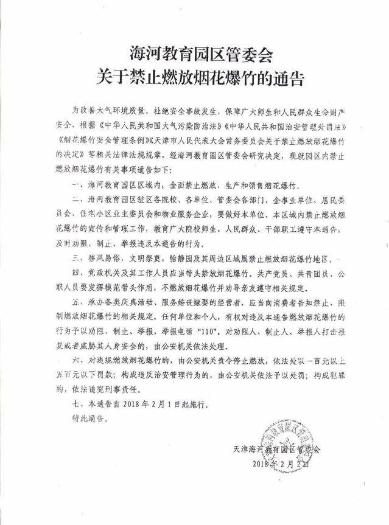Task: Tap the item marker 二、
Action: (77, 201)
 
